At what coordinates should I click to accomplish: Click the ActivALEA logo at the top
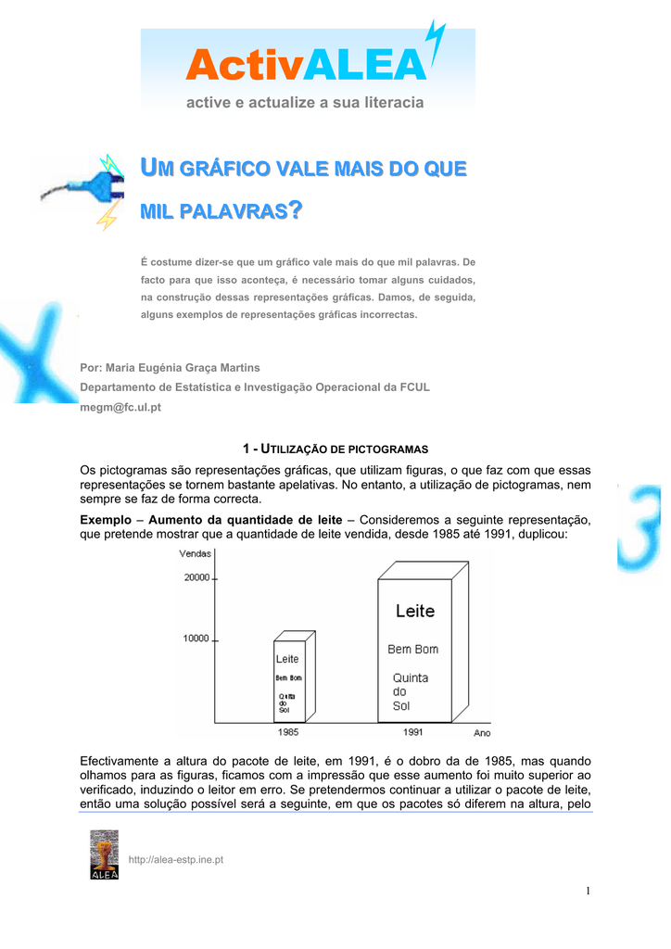(307, 66)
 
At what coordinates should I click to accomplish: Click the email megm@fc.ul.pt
(121, 408)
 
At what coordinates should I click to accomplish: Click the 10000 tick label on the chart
(196, 639)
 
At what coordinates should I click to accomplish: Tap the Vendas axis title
(196, 553)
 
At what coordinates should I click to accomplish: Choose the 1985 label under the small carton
(288, 731)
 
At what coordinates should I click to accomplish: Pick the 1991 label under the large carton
(413, 731)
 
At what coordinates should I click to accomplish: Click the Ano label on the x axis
(482, 733)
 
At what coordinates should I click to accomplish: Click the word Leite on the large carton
(414, 612)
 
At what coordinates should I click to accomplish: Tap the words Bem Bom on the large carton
(412, 650)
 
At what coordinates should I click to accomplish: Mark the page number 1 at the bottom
(588, 892)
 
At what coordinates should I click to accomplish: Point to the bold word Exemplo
(106, 520)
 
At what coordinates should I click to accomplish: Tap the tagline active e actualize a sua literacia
(305, 102)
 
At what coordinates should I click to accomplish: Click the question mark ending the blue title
(296, 212)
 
